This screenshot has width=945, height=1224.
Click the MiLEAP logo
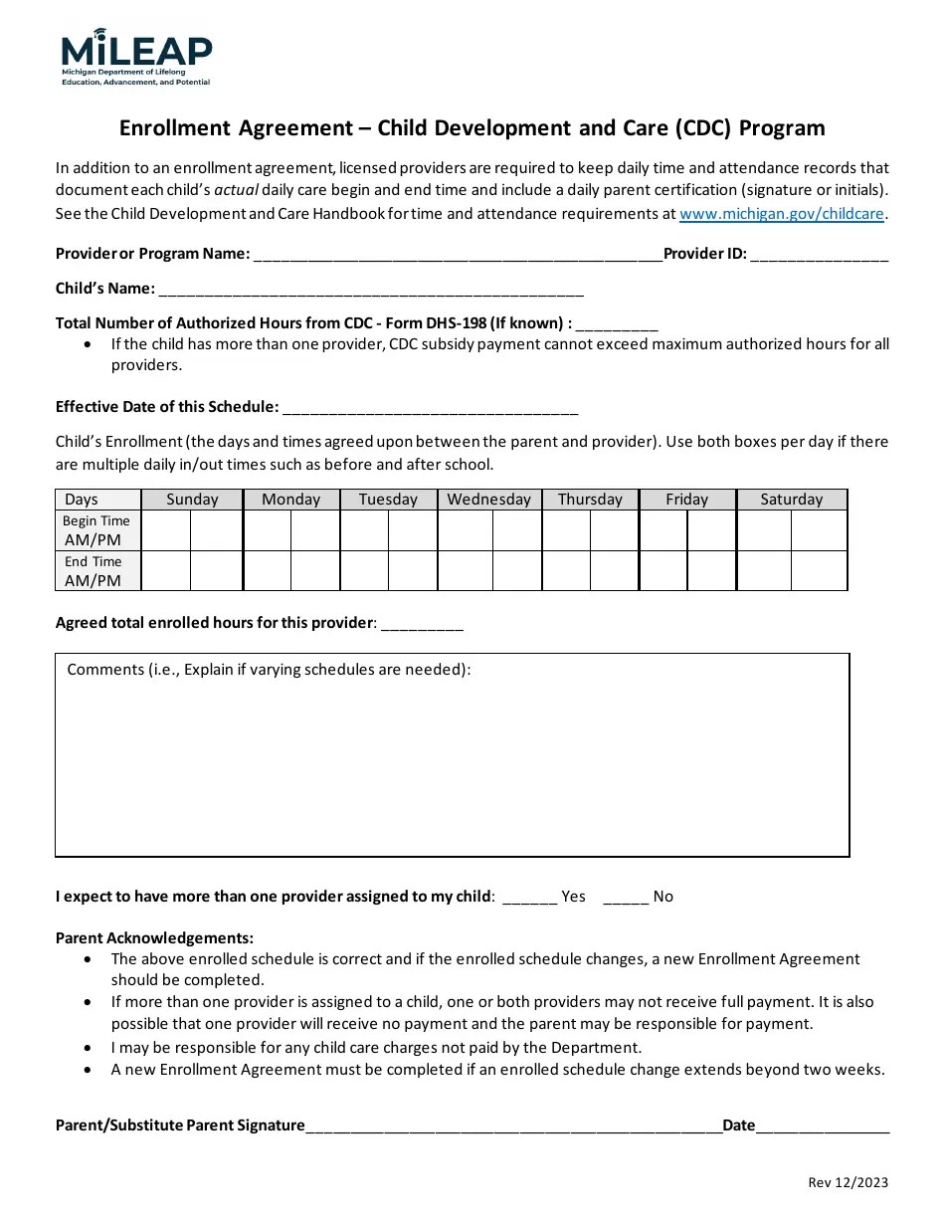pos(136,57)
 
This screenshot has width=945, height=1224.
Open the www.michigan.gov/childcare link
pos(782,213)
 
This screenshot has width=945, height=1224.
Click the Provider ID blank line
pos(819,255)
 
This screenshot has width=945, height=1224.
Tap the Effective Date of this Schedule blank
pos(430,408)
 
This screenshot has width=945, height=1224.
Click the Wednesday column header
pos(488,500)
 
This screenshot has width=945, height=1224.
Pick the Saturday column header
pos(791,500)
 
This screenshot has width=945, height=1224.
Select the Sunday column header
pos(192,500)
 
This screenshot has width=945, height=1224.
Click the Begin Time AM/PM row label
pos(96,530)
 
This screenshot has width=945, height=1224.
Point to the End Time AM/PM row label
pos(94,571)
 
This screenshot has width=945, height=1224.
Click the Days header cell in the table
pos(83,500)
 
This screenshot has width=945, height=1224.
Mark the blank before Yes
pos(529,897)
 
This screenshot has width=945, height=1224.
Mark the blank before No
pos(626,897)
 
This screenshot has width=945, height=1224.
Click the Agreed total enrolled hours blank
pos(422,624)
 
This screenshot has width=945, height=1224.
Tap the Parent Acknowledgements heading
pos(154,937)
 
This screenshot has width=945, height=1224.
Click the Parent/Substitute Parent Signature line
pos(513,1126)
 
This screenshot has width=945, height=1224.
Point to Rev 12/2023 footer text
pos(848,1182)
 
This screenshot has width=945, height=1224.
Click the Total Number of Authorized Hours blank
pos(617,324)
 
